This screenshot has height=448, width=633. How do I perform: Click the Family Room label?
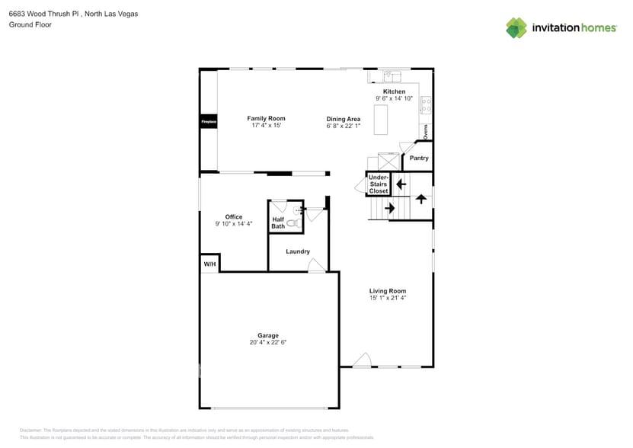266,118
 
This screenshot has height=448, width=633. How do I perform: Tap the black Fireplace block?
209,122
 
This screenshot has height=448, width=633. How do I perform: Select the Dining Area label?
343,119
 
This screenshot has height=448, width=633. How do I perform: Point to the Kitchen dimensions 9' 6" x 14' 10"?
394,98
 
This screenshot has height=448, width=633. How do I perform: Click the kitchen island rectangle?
380,120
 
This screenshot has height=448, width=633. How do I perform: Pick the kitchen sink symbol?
392,76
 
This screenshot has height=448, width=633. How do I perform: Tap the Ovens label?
426,131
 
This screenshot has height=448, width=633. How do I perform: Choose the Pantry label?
419,158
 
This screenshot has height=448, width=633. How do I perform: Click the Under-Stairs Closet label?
379,184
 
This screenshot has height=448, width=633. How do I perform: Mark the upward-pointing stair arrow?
420,199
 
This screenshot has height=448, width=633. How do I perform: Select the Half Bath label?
278,222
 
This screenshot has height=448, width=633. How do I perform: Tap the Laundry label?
297,251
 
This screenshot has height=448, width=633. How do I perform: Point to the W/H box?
209,264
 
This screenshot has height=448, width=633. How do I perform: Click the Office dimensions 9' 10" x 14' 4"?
233,224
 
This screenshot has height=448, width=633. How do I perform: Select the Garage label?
267,335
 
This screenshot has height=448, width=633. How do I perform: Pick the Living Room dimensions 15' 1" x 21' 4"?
388,298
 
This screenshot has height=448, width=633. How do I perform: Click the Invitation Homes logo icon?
516,27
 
